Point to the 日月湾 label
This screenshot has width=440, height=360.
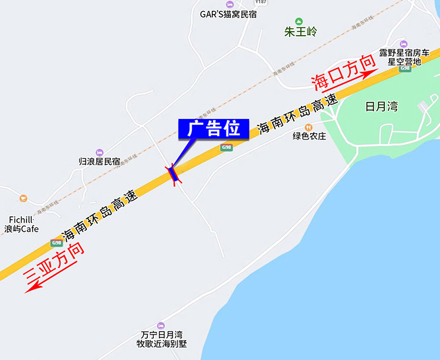point(381,107)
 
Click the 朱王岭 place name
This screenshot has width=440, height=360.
point(300,32)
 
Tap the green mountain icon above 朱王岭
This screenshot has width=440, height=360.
point(299,21)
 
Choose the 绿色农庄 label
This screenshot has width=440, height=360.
point(309,136)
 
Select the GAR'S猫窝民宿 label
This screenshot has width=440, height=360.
point(228,14)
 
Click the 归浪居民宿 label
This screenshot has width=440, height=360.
point(99,161)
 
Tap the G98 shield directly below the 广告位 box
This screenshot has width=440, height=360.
point(226,148)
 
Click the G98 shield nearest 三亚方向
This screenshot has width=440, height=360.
point(56,243)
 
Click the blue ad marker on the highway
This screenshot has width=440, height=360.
point(172,174)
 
